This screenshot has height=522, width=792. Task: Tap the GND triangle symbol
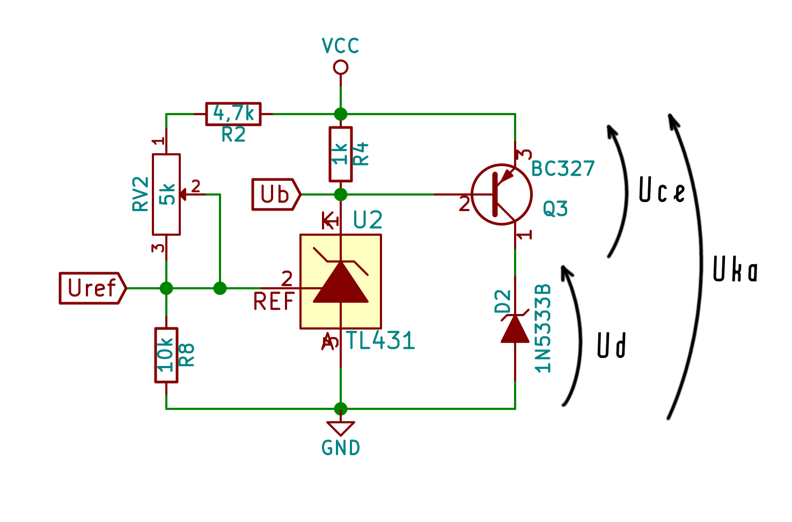(x=341, y=428)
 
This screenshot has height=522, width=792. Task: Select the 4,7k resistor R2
(x=233, y=114)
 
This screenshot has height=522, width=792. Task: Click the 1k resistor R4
(x=341, y=154)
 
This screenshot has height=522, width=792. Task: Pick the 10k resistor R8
(x=166, y=355)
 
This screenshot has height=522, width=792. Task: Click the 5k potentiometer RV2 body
(x=166, y=194)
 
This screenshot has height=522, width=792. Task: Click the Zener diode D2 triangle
(x=515, y=329)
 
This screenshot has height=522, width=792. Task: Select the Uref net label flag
(x=93, y=288)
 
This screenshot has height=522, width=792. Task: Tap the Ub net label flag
(x=276, y=194)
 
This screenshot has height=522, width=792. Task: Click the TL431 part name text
(x=380, y=340)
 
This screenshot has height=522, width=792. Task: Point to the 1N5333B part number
(x=542, y=329)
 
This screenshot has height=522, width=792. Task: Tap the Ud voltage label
(x=612, y=346)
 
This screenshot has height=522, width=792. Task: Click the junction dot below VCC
(x=341, y=114)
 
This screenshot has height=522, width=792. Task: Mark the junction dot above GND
(x=341, y=408)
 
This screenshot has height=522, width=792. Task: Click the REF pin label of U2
(x=274, y=301)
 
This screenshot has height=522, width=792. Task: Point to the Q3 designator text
(x=555, y=208)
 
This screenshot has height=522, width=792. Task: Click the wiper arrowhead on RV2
(x=183, y=194)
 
